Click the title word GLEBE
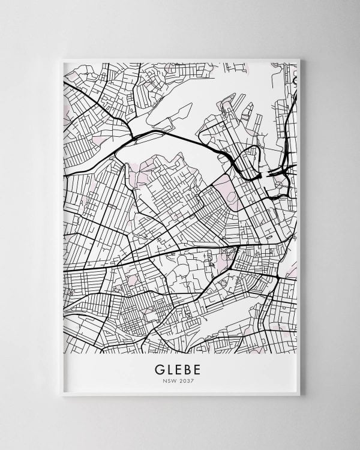coord(179,368)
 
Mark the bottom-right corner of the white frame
coord(300,395)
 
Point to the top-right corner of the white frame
coord(300,59)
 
